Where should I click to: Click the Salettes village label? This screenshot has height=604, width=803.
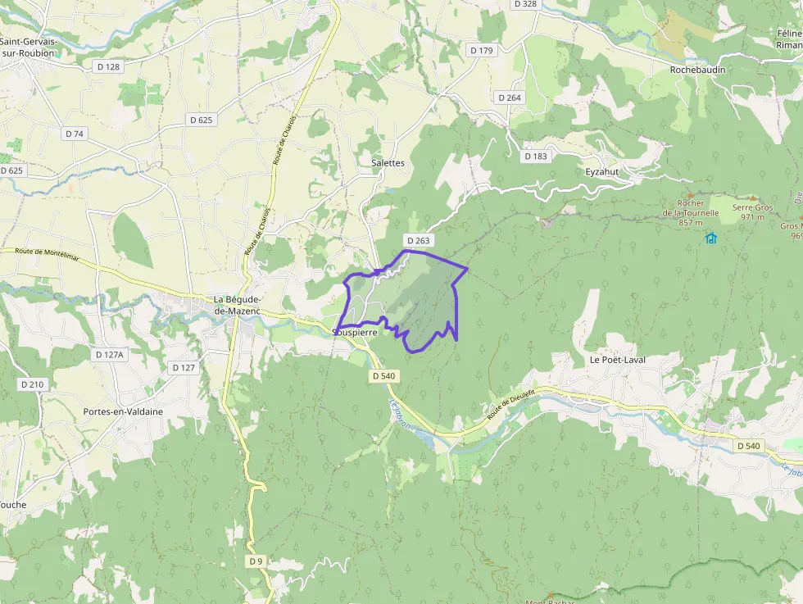(388, 163)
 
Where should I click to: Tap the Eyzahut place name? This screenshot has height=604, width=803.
(602, 172)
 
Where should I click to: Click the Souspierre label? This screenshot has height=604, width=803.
(355, 333)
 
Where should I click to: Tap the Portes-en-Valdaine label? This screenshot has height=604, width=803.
(123, 411)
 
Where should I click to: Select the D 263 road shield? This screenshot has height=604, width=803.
(417, 241)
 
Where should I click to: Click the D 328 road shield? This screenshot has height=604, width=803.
(524, 4)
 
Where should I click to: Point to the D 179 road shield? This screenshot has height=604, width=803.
(482, 51)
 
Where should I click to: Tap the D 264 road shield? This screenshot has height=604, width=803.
(510, 98)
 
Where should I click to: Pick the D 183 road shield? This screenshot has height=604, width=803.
(536, 157)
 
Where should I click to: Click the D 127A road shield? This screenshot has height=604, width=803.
(109, 355)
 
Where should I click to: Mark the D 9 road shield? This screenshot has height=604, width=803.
(256, 561)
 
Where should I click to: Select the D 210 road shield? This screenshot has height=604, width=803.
(32, 384)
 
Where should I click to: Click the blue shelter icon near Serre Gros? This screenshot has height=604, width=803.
(710, 238)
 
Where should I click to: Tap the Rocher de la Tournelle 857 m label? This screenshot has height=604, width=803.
(691, 213)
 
